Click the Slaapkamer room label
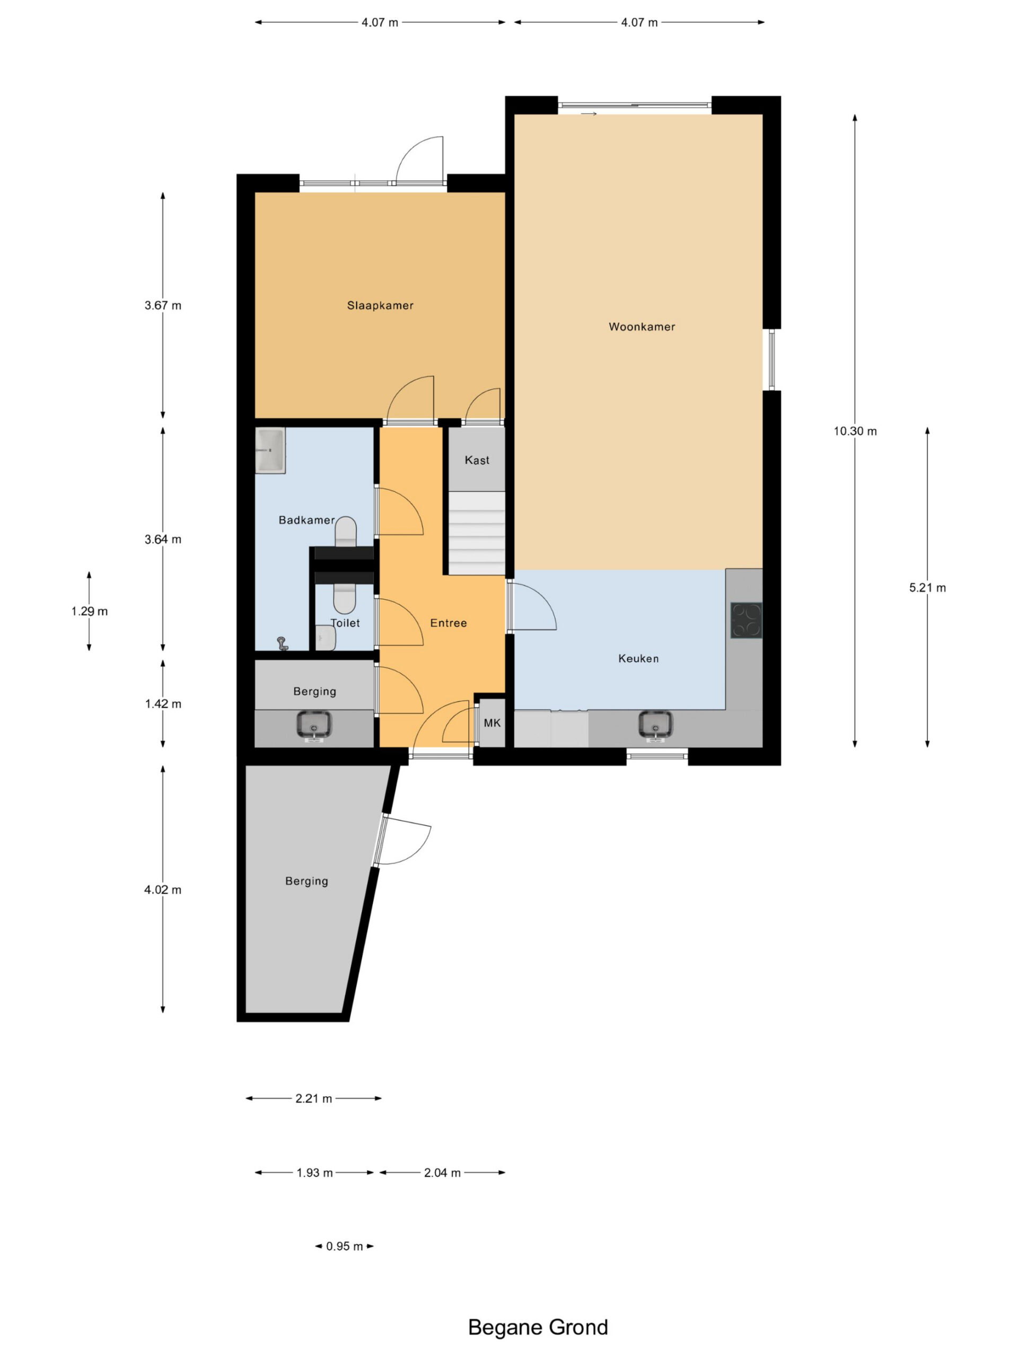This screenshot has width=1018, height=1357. (x=380, y=305)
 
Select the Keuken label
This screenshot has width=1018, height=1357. (x=638, y=659)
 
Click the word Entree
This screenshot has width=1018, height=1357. (x=449, y=623)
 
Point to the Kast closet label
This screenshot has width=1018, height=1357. (x=477, y=460)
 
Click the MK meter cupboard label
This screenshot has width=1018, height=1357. (x=492, y=723)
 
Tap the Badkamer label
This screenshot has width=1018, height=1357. (x=307, y=520)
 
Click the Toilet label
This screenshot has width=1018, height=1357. (x=345, y=623)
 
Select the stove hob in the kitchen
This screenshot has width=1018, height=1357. (x=746, y=621)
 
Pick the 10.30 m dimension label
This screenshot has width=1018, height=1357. (x=855, y=431)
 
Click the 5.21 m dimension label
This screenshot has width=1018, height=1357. (x=927, y=588)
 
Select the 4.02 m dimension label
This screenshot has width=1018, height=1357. (x=163, y=889)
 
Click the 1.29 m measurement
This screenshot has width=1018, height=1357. (x=89, y=611)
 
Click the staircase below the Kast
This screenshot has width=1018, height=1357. (x=477, y=533)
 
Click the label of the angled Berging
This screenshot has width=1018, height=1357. (x=307, y=882)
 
